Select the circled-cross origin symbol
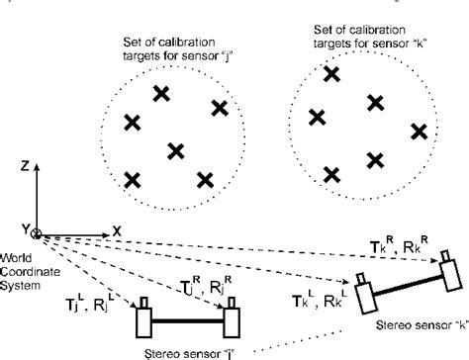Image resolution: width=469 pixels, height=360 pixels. click(38, 233)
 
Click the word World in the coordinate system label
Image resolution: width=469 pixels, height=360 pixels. click(19, 249)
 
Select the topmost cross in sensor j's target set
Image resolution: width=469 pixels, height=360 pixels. click(159, 93)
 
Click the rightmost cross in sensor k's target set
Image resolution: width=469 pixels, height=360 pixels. click(420, 131)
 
